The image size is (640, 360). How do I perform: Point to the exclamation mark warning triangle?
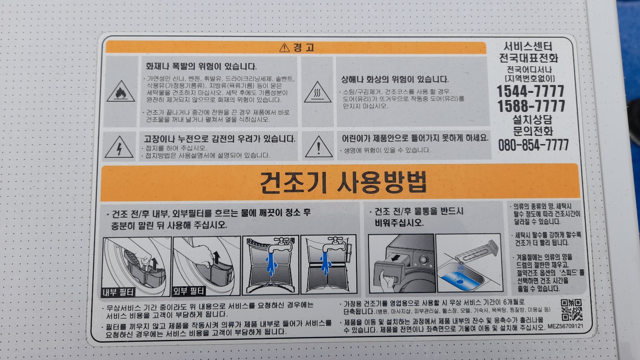pyautogui.click(x=319, y=147)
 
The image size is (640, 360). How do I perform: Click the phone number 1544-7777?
pyautogui.click(x=530, y=92)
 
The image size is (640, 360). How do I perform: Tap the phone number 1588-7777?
pyautogui.click(x=531, y=106)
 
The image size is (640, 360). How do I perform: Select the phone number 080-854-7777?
pyautogui.click(x=533, y=145)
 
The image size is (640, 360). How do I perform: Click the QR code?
pyautogui.click(x=572, y=310)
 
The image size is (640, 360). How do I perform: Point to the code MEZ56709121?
pyautogui.click(x=565, y=326)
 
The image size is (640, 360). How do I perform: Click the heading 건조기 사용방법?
pyautogui.click(x=343, y=182)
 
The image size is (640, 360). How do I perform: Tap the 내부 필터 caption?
pyautogui.click(x=118, y=292)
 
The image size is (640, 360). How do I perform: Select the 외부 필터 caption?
pyautogui.click(x=188, y=291)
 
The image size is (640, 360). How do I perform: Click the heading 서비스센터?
pyautogui.click(x=528, y=46)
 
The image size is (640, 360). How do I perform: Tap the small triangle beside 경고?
pyautogui.click(x=284, y=48)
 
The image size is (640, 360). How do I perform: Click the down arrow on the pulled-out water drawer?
pyautogui.click(x=396, y=258)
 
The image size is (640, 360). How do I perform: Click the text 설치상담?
pyautogui.click(x=532, y=120)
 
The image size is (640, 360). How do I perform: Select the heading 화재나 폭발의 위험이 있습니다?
pyautogui.click(x=201, y=67)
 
